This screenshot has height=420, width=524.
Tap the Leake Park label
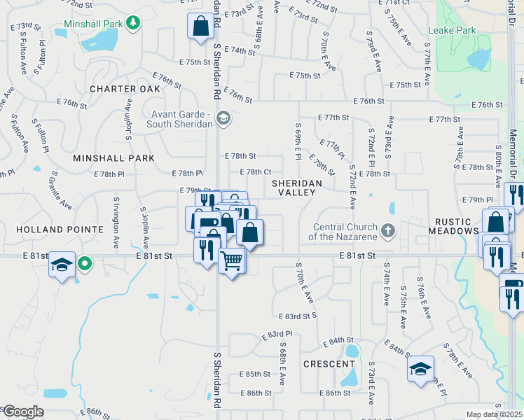pyautogui.click(x=452, y=30)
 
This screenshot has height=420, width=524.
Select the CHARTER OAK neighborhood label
pyautogui.click(x=125, y=89)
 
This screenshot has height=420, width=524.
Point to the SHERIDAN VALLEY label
pyautogui.click(x=296, y=188)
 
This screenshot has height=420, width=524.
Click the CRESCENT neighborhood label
pyautogui.click(x=329, y=364)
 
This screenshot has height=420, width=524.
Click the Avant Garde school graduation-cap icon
pyautogui.click(x=223, y=118)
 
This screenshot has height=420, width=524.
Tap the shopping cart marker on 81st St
pyautogui.click(x=231, y=261)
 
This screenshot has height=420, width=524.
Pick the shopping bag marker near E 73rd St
pyautogui.click(x=200, y=26)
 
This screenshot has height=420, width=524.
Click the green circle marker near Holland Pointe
pyautogui.click(x=84, y=264)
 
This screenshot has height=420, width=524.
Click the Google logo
pyautogui.click(x=23, y=412)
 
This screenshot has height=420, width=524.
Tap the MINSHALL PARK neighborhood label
pyautogui.click(x=113, y=158)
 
